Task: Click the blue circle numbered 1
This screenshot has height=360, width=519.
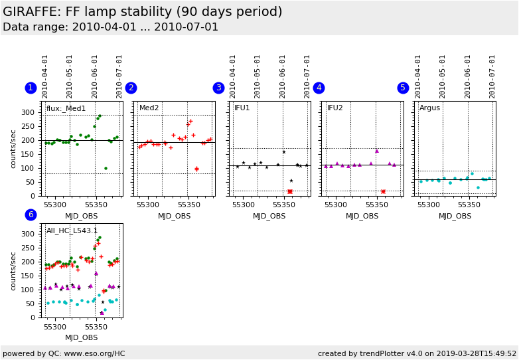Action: (31, 88)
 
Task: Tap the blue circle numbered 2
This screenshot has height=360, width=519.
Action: (131, 88)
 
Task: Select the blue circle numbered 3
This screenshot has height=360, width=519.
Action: (218, 88)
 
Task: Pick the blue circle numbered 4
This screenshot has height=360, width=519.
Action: (319, 88)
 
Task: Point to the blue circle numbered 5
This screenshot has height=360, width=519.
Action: (403, 88)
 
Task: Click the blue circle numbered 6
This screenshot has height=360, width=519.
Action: (31, 215)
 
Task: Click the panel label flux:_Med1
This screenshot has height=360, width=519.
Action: (66, 108)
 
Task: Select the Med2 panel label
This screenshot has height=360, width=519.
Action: (149, 108)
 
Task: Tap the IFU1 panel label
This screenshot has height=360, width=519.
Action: (242, 108)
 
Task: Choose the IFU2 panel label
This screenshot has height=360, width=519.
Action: (335, 108)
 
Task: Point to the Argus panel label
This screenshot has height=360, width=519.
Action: (429, 108)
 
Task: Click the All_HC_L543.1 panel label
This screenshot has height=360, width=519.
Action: (72, 231)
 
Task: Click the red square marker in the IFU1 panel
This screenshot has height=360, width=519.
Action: (290, 191)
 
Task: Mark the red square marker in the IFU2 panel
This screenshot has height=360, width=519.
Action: (383, 191)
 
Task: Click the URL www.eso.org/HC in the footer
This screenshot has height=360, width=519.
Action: (96, 353)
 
